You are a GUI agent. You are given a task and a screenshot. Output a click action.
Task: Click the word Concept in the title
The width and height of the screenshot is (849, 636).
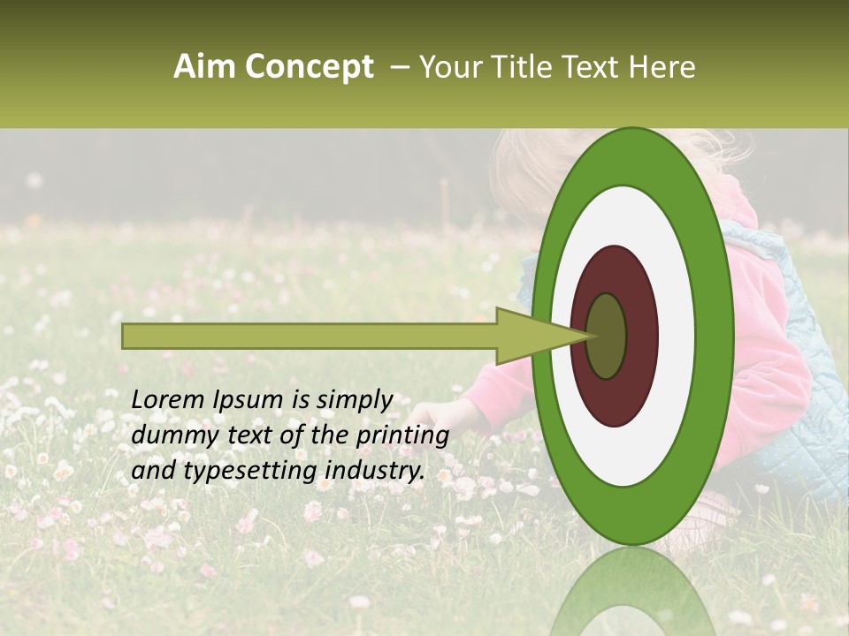click(x=309, y=68)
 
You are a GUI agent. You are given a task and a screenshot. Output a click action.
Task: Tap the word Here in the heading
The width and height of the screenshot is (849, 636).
click(x=663, y=68)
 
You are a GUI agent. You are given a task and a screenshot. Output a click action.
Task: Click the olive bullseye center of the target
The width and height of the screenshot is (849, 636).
click(x=607, y=336)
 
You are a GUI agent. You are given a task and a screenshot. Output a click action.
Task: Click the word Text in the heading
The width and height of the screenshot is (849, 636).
click(x=592, y=68)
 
